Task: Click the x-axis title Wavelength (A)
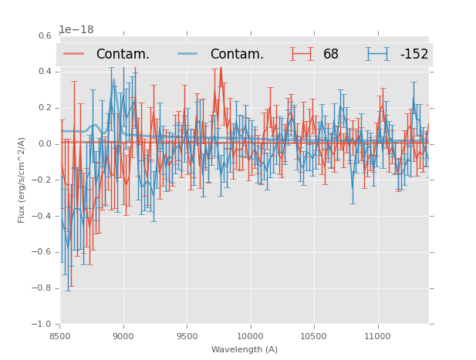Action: coord(245,350)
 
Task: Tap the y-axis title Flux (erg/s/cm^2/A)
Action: coord(22,180)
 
